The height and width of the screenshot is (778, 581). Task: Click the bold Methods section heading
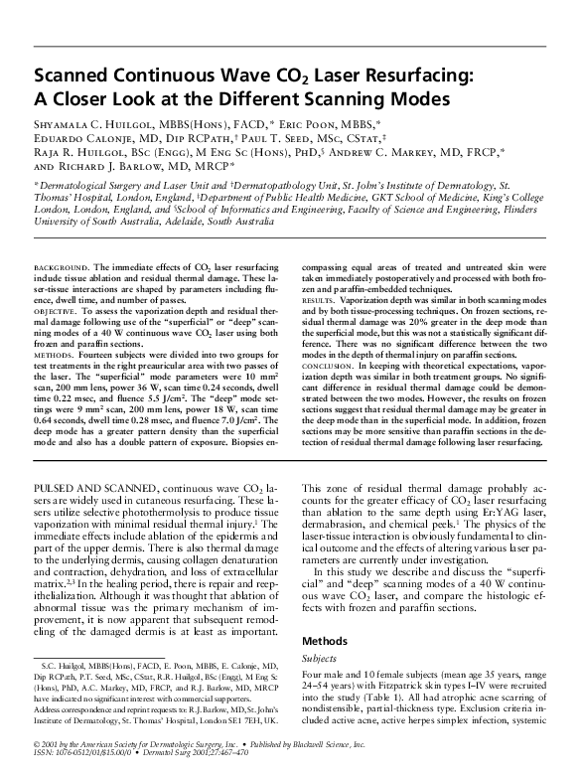pos(325,642)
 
